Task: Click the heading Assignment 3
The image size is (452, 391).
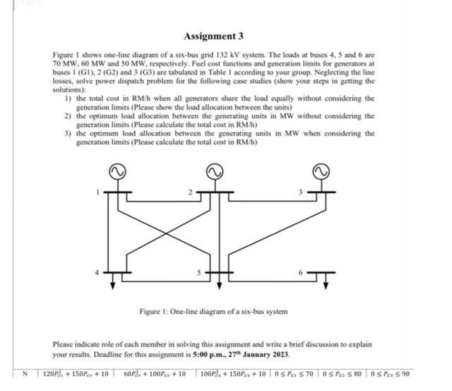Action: click(213, 35)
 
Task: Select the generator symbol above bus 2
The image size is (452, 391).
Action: click(215, 172)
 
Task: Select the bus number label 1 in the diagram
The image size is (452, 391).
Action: click(99, 192)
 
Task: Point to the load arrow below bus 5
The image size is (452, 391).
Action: click(218, 284)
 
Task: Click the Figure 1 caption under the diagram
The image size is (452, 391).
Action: click(213, 311)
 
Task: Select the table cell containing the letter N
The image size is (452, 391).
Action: click(27, 374)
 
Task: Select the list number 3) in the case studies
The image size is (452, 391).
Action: click(67, 133)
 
